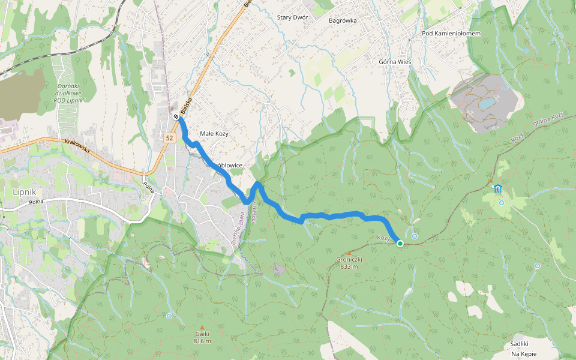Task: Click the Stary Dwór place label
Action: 293,17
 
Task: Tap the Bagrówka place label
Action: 343,20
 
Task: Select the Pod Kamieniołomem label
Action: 451,34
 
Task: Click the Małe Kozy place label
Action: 214,134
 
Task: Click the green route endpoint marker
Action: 400,243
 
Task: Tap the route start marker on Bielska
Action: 176,117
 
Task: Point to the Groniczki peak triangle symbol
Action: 349,253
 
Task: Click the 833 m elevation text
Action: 349,267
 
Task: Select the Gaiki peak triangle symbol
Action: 202,327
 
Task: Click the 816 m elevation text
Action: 202,341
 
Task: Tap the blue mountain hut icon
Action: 497,188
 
